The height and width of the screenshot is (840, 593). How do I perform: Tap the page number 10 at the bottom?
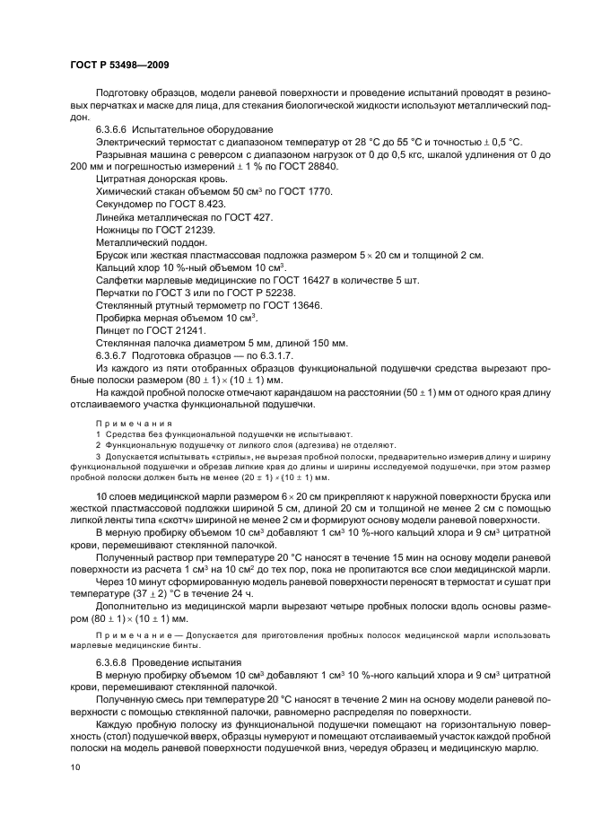coord(74,767)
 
